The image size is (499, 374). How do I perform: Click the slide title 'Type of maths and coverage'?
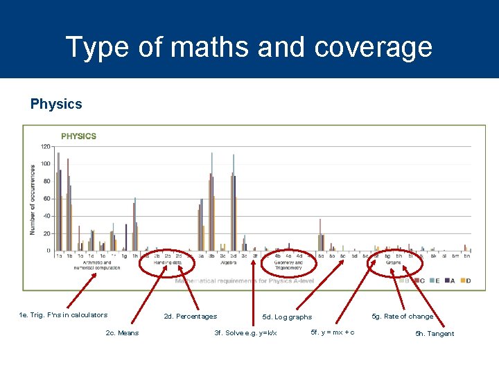tap(249, 47)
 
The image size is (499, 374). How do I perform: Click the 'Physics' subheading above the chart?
tap(56, 105)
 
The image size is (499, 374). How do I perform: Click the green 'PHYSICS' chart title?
tap(79, 136)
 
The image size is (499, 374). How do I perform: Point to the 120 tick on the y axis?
tap(46, 147)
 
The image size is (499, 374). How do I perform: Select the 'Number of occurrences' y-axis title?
tap(33, 199)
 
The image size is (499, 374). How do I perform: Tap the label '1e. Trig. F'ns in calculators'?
tap(63, 315)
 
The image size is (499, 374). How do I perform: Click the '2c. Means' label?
tap(122, 333)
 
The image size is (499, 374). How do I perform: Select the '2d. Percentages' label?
tap(190, 317)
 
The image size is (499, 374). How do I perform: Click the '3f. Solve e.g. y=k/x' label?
tap(245, 334)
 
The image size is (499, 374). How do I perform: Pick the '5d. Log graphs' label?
tap(287, 317)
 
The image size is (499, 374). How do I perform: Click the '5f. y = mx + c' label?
tap(333, 332)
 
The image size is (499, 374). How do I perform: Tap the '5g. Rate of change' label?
tap(403, 317)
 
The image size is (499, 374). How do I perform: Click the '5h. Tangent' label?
tap(435, 334)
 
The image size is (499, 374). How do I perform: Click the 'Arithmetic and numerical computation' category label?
tap(97, 265)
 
